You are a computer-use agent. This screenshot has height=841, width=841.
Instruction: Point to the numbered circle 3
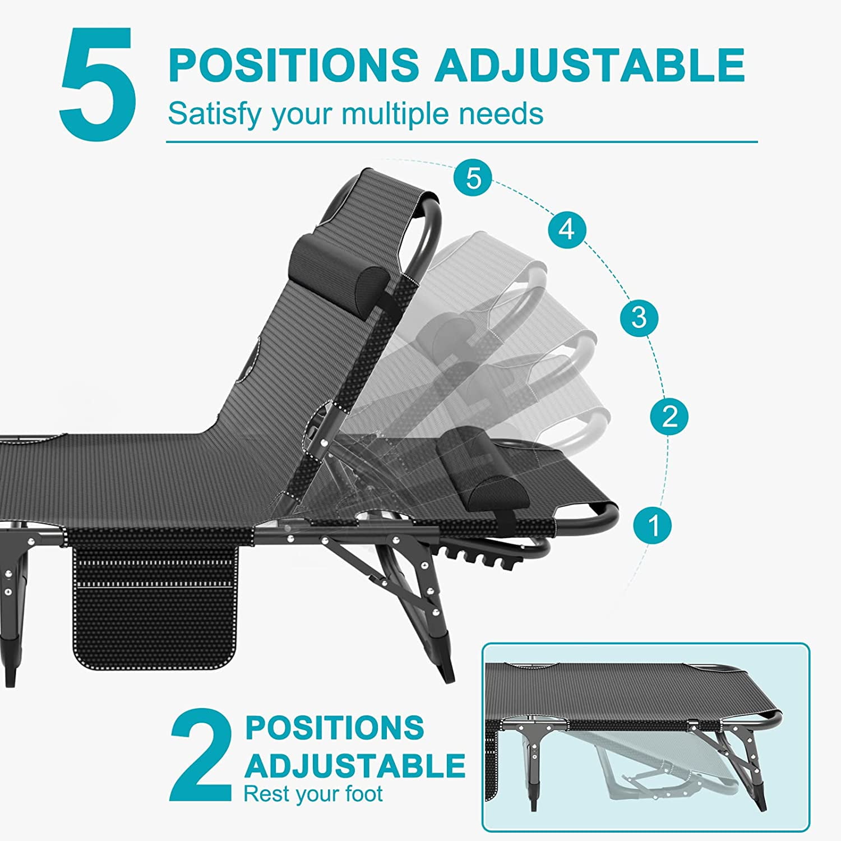[x=639, y=318]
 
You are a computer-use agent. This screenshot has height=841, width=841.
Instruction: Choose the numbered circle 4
[x=567, y=229]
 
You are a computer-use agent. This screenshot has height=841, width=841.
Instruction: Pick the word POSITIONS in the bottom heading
[x=334, y=728]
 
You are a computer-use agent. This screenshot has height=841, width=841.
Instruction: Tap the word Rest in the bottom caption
[x=264, y=794]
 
